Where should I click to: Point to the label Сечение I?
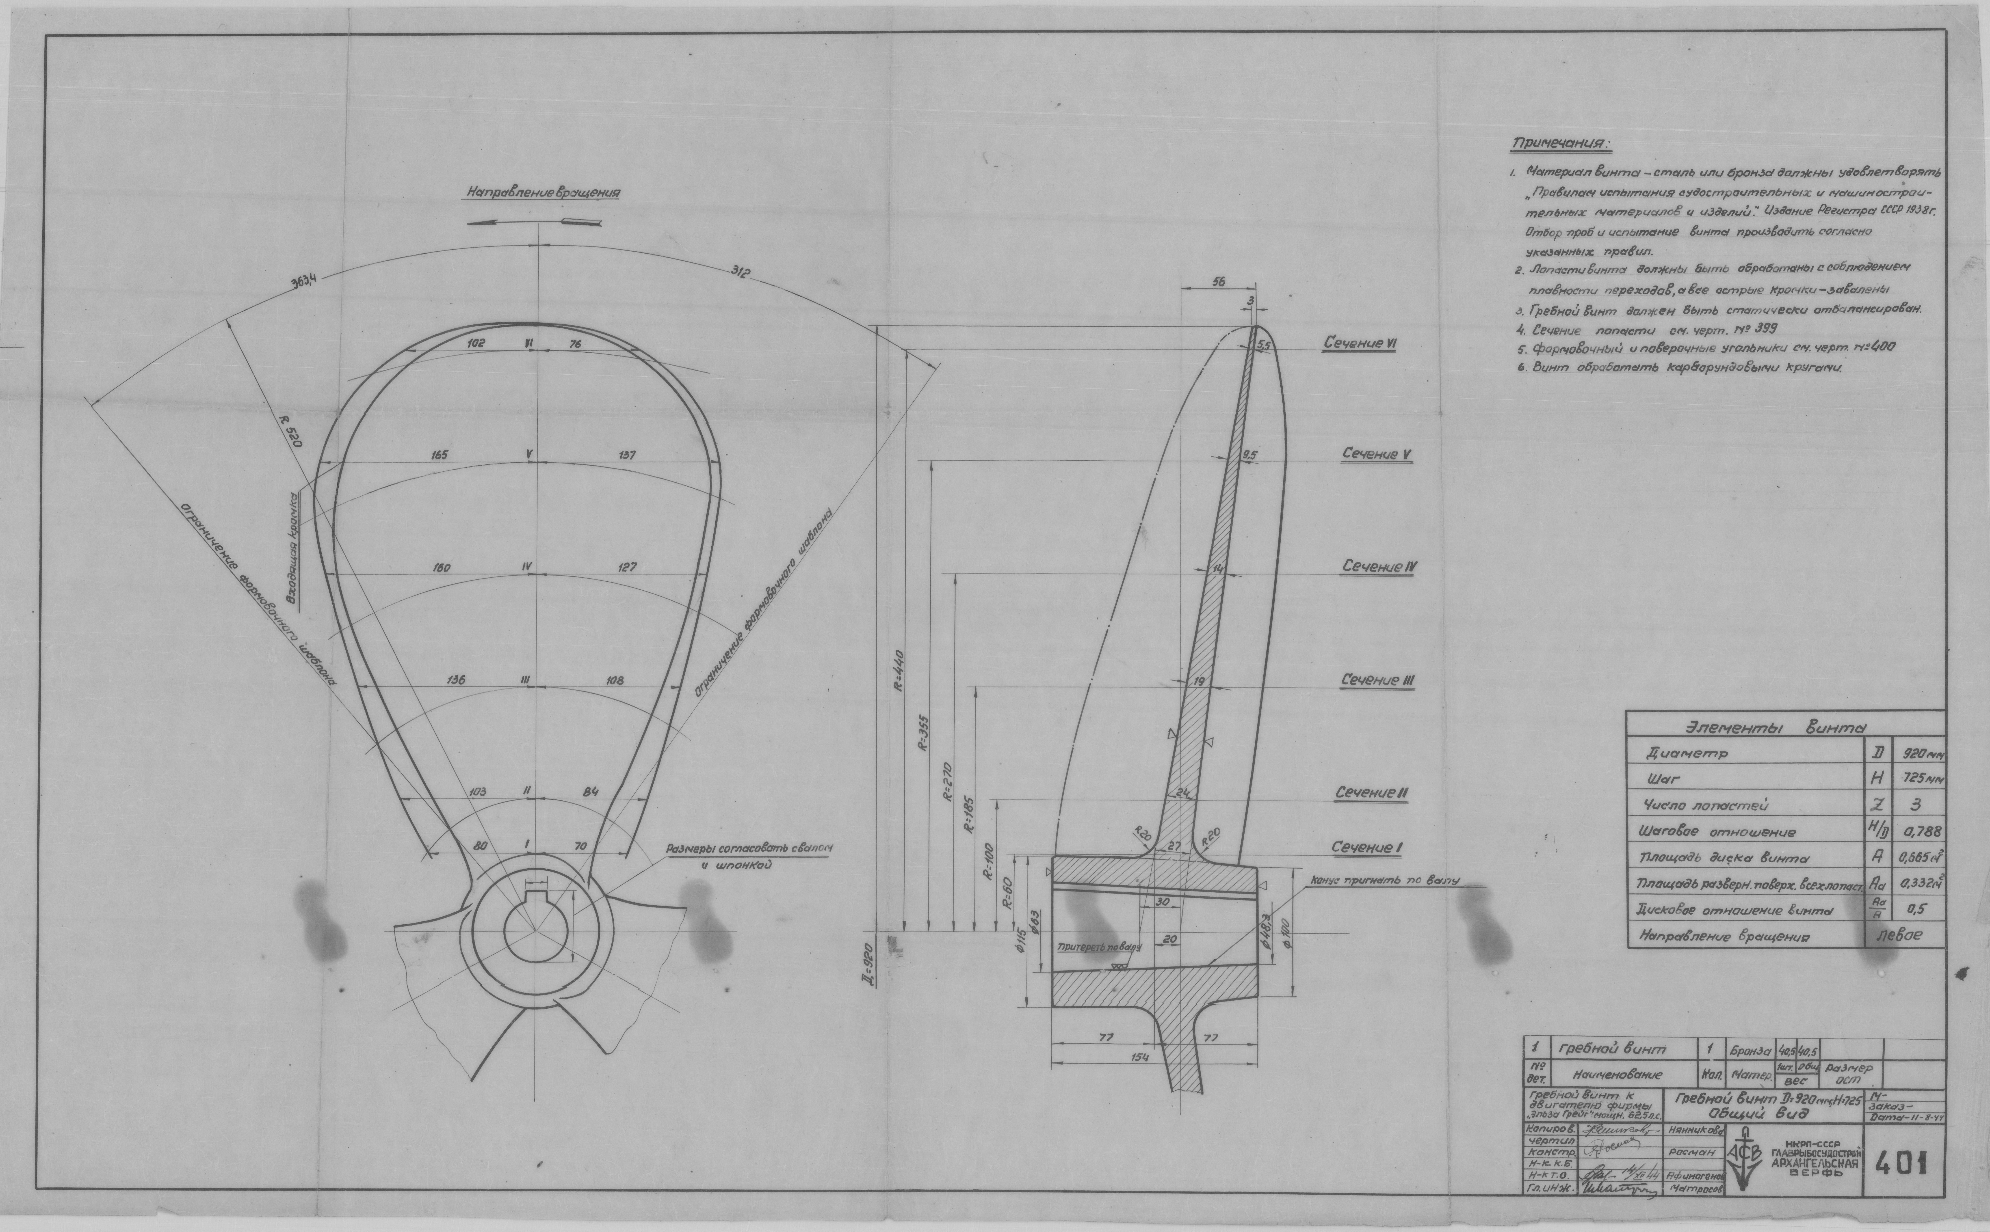coord(1366,848)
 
